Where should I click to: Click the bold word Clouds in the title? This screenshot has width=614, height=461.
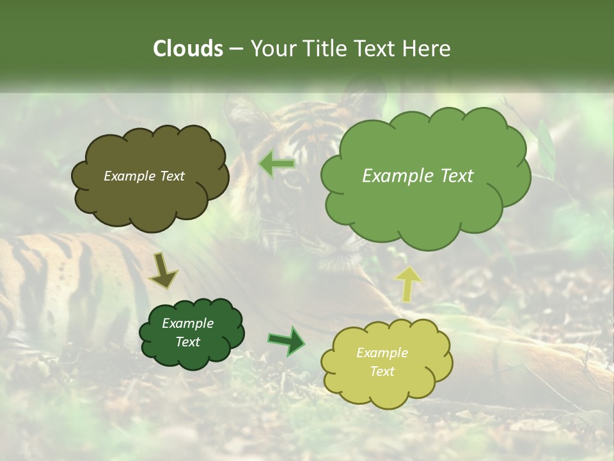pos(187,49)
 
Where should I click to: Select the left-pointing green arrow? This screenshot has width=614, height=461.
pos(276,164)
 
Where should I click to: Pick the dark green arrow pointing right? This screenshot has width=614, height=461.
pos(287,340)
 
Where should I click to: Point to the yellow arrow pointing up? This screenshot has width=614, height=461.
pos(407,283)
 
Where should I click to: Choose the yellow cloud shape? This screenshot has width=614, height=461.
pos(386,364)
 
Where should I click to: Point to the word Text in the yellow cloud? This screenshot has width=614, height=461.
pos(382,371)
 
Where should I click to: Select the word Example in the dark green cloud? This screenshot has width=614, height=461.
pos(187,323)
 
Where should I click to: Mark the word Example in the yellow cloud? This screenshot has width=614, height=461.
pos(382,353)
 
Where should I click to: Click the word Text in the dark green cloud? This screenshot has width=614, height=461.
pos(187,342)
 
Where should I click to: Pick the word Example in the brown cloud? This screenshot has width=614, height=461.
pos(129,176)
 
